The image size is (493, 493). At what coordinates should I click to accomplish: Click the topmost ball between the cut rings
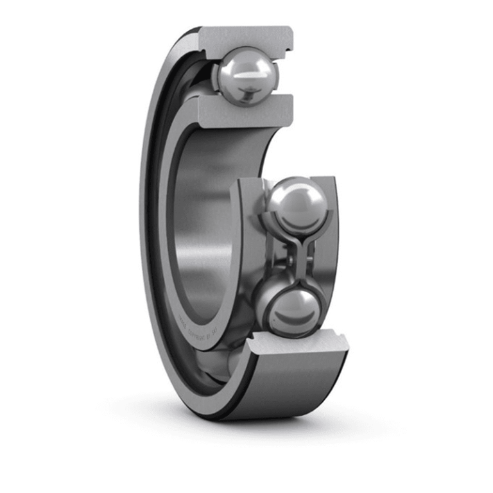(247, 76)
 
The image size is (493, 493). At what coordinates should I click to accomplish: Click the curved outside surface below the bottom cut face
(289, 385)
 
